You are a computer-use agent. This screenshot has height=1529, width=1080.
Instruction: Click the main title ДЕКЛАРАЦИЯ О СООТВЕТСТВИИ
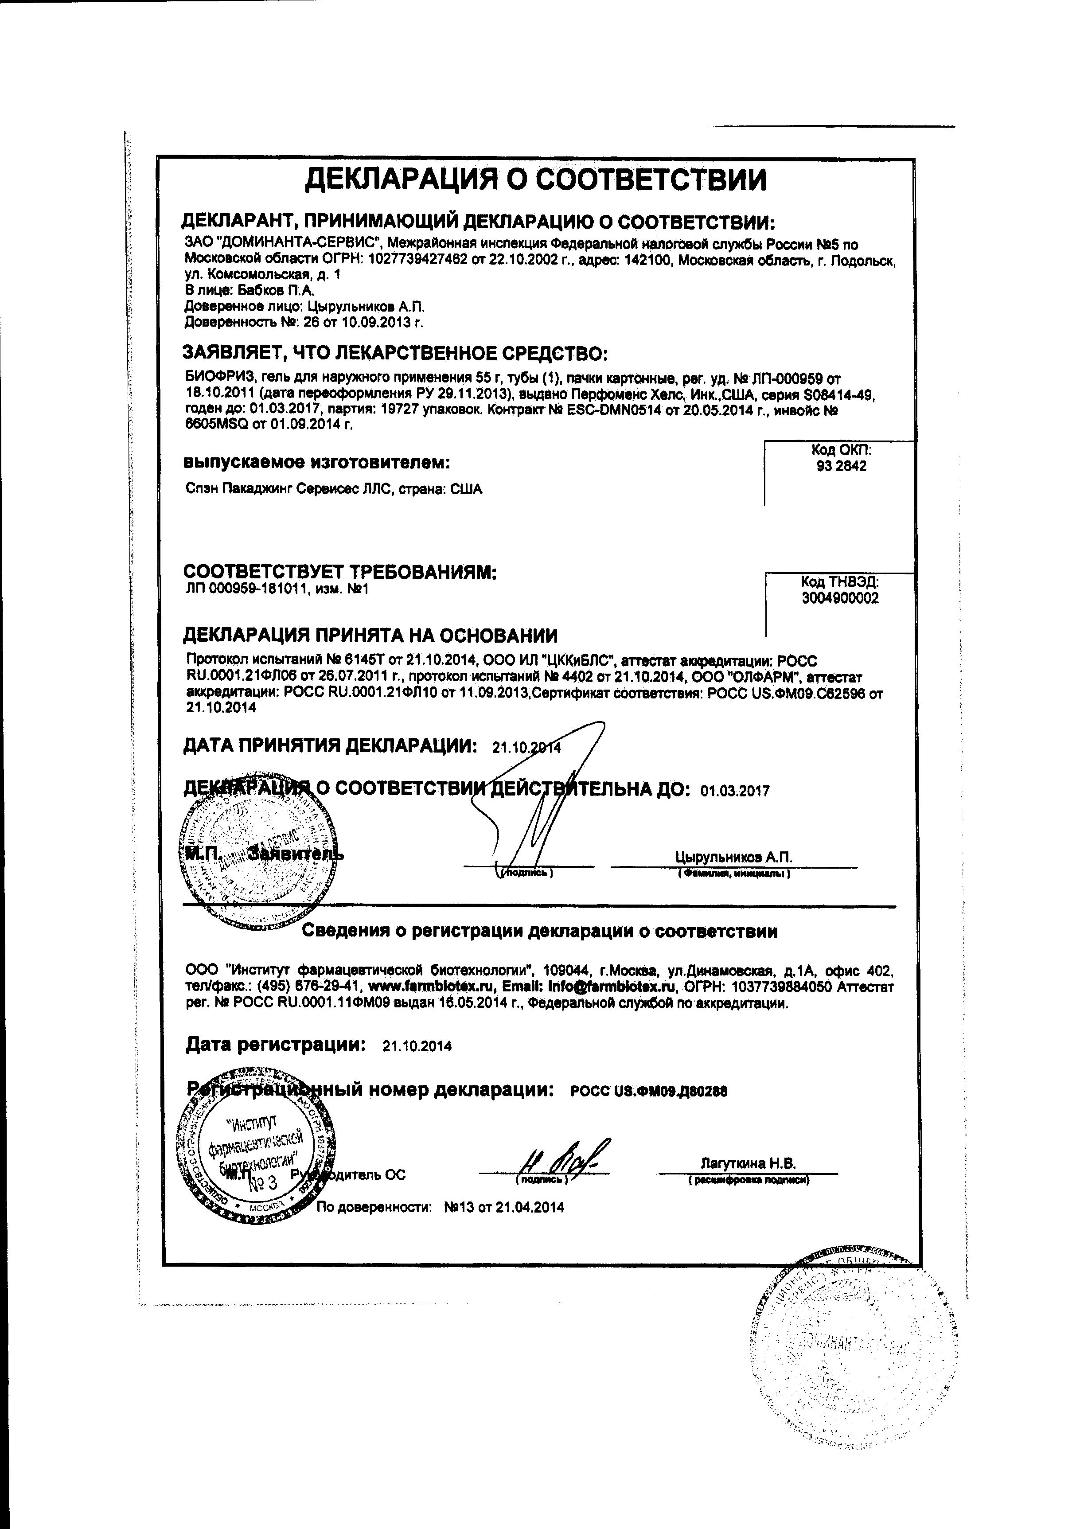coord(535,180)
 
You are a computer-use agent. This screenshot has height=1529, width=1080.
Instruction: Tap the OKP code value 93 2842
coord(842,466)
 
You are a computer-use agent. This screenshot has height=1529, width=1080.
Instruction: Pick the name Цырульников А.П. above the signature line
coord(733,857)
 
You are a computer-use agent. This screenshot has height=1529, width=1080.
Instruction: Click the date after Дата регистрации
coord(417,1046)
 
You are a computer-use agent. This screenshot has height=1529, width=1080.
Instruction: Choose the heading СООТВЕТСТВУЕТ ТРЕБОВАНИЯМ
coord(340,572)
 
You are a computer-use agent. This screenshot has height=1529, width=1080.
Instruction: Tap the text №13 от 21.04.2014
coord(503,1207)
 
